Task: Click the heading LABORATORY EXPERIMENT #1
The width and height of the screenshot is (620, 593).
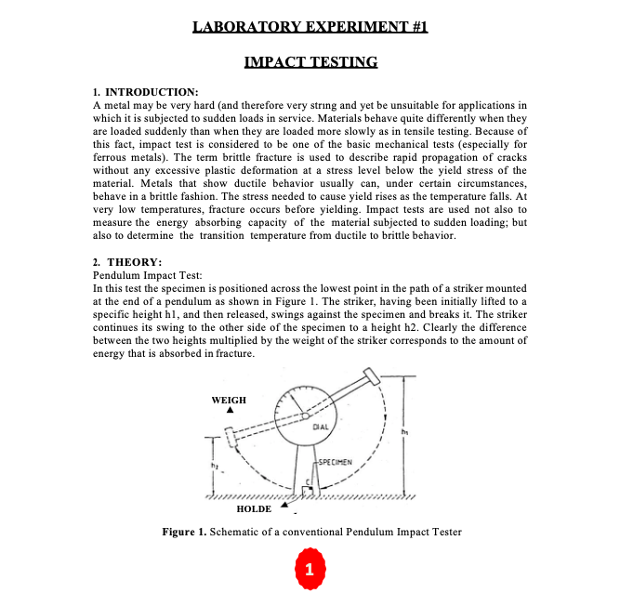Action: click(x=310, y=27)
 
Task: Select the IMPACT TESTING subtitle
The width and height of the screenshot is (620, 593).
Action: click(x=310, y=62)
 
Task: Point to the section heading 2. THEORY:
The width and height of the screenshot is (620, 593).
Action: click(x=128, y=263)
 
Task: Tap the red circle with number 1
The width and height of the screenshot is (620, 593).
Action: click(x=310, y=567)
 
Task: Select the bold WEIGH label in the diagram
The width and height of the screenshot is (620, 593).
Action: click(x=229, y=400)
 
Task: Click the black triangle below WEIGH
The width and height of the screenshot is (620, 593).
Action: click(x=229, y=411)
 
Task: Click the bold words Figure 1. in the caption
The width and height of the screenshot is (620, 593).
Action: click(x=183, y=532)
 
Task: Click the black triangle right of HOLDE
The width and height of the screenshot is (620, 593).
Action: click(x=285, y=506)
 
